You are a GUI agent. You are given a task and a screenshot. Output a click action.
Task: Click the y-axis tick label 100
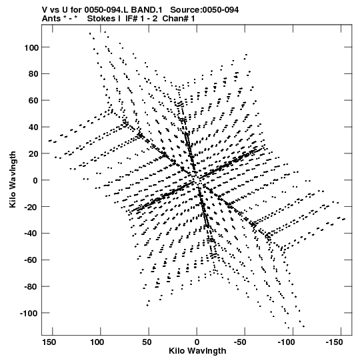[x=31, y=47]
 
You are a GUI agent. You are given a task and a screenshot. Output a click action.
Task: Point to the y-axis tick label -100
[x=29, y=314]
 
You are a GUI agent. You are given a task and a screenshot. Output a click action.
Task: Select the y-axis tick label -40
[x=31, y=234]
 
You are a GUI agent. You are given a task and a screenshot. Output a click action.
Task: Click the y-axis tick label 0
[x=35, y=180]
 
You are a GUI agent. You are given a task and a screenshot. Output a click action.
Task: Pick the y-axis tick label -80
[x=31, y=287]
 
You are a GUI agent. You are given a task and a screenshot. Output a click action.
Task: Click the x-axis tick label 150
[x=49, y=342]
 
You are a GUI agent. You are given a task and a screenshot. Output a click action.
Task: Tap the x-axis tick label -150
[x=334, y=342]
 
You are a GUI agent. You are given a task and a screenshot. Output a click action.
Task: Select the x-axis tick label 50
[x=147, y=342]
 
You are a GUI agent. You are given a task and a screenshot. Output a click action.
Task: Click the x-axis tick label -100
[x=286, y=342]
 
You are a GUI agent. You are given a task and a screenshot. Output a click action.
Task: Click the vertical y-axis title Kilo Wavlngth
[x=13, y=179]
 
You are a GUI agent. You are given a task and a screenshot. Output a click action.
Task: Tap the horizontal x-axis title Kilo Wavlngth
[x=197, y=351]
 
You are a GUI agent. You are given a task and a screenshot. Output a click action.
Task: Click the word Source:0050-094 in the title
[x=204, y=10]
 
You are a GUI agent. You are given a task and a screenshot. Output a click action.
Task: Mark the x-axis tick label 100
[x=97, y=342]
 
